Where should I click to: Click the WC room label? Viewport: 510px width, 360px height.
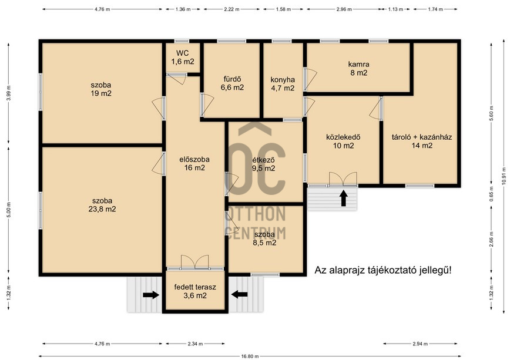click(x=183, y=57)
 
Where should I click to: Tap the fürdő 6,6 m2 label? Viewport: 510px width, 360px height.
click(x=232, y=83)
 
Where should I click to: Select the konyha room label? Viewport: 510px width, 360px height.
click(x=283, y=84)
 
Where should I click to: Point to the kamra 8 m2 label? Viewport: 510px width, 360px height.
click(x=359, y=68)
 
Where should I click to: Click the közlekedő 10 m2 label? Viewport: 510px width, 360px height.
click(x=344, y=142)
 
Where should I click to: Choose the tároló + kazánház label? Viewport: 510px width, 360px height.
click(x=422, y=141)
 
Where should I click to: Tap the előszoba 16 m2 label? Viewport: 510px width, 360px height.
click(x=194, y=164)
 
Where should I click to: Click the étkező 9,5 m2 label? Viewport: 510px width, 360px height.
click(x=263, y=164)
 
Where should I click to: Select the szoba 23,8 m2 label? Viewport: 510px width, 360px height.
click(x=102, y=205)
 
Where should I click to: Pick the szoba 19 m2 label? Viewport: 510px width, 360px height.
click(x=101, y=89)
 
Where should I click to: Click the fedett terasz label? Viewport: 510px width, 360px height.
click(x=195, y=291)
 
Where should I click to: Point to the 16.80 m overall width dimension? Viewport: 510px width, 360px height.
click(x=250, y=356)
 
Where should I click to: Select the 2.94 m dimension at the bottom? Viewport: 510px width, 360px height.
click(x=420, y=344)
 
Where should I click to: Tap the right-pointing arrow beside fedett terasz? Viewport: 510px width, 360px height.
click(x=151, y=295)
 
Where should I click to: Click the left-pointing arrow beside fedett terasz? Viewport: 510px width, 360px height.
click(x=239, y=295)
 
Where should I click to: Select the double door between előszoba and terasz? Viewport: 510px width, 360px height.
click(x=195, y=262)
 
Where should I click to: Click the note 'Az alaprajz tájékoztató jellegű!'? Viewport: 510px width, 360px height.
click(x=383, y=270)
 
